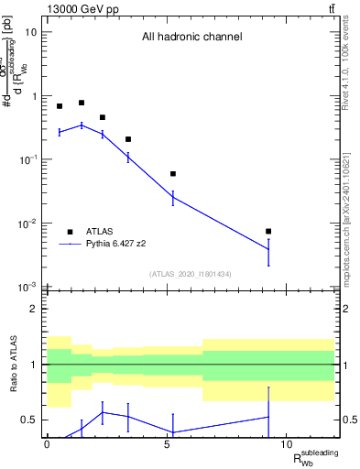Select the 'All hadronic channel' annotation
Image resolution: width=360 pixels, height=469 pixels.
(191, 38)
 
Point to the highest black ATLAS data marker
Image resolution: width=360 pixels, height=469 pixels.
(82, 104)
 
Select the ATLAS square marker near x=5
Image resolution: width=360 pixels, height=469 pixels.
(172, 174)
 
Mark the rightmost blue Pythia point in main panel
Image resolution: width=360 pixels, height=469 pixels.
(268, 249)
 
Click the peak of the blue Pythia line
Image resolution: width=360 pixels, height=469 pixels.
(82, 125)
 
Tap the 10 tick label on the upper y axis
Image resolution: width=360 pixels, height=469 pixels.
(30, 32)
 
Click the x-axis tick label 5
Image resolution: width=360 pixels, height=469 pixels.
(167, 445)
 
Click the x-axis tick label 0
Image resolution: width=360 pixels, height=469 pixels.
(47, 445)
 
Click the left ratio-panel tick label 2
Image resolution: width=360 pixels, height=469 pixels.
(35, 309)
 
